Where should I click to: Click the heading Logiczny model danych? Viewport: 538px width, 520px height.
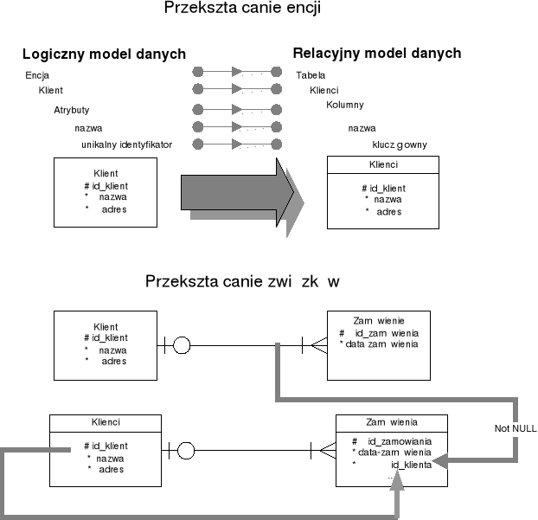click(104, 54)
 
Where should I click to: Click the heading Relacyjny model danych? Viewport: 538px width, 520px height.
click(376, 54)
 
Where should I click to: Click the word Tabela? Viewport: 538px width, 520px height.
click(310, 75)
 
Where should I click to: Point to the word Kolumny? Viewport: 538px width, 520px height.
click(345, 105)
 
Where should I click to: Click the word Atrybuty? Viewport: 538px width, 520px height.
click(72, 110)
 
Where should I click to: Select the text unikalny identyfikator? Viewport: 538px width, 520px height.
click(126, 144)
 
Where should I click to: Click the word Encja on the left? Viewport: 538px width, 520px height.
click(37, 75)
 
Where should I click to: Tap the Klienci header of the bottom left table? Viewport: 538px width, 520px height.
click(106, 422)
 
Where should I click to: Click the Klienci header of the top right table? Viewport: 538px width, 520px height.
click(382, 164)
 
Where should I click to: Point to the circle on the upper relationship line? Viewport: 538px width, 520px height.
click(181, 346)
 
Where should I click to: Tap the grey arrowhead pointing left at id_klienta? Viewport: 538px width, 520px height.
click(439, 464)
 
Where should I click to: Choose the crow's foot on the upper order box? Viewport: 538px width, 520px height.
click(316, 346)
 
